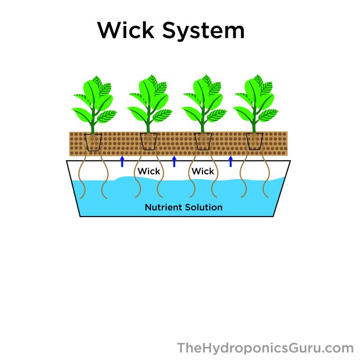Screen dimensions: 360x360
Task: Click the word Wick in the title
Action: pyautogui.click(x=126, y=30)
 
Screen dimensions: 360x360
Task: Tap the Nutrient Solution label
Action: pyautogui.click(x=184, y=207)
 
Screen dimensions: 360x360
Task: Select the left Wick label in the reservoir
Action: pyautogui.click(x=149, y=172)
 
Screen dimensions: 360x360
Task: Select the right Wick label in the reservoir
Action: pyautogui.click(x=203, y=172)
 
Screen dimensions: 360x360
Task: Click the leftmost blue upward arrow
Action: pyautogui.click(x=122, y=161)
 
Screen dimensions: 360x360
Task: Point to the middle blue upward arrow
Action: pyautogui.click(x=174, y=161)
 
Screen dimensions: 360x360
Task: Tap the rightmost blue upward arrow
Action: pyautogui.click(x=230, y=161)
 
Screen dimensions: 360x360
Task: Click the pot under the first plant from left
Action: pyautogui.click(x=93, y=142)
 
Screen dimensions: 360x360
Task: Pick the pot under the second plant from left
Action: pyautogui.click(x=149, y=142)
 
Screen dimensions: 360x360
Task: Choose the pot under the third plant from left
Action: pyautogui.click(x=203, y=142)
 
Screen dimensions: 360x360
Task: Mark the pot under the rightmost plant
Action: pyautogui.click(x=255, y=142)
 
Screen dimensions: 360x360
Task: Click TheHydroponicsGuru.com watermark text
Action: pyautogui.click(x=265, y=348)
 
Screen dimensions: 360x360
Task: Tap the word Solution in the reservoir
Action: pyautogui.click(x=204, y=207)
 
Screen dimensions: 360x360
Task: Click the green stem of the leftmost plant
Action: pyautogui.click(x=92, y=126)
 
